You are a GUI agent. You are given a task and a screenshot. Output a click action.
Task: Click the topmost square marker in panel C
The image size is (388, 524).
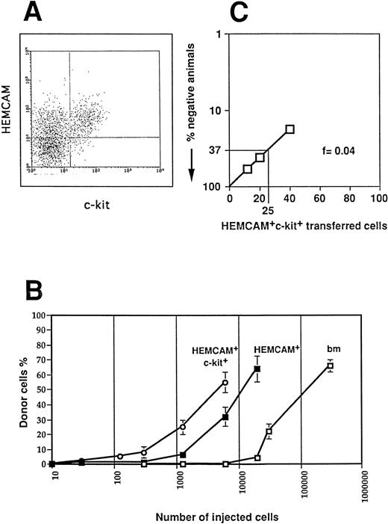coord(290,130)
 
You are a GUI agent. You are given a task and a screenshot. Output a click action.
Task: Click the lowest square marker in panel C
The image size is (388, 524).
coord(248,170)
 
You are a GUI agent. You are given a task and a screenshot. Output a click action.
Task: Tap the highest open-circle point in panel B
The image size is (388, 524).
coord(225,383)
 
